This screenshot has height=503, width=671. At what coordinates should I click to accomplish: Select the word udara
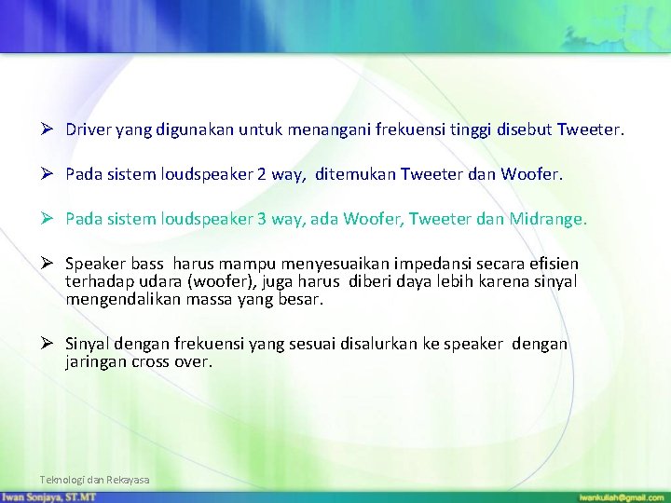coord(157,282)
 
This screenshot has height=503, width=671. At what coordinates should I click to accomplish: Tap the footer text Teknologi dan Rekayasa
coord(94,480)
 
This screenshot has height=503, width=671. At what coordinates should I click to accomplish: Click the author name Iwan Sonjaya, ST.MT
coord(48,497)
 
